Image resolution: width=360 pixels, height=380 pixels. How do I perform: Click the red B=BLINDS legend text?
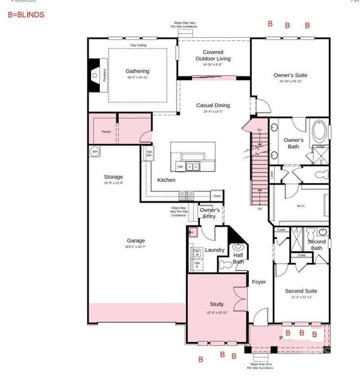[26, 14]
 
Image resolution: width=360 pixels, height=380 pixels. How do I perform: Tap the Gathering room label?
[137, 71]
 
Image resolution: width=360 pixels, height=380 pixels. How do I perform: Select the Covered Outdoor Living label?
[213, 55]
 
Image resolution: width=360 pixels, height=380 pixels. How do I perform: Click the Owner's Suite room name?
[290, 75]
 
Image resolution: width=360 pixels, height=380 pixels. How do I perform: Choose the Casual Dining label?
[213, 105]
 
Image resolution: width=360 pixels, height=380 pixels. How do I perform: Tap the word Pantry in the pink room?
[106, 132]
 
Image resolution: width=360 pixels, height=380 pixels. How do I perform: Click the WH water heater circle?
[95, 151]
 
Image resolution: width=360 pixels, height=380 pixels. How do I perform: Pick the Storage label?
[113, 177]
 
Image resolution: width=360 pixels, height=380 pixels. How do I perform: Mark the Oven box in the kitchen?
[216, 196]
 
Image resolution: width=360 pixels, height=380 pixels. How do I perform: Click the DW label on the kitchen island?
[180, 167]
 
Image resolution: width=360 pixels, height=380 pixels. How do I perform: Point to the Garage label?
[135, 240]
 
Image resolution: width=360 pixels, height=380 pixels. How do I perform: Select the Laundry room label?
[214, 250]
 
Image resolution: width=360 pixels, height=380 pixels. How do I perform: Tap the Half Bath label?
[238, 258]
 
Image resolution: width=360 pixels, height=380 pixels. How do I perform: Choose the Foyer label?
[259, 281]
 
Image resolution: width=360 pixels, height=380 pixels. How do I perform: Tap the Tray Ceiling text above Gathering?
[138, 46]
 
